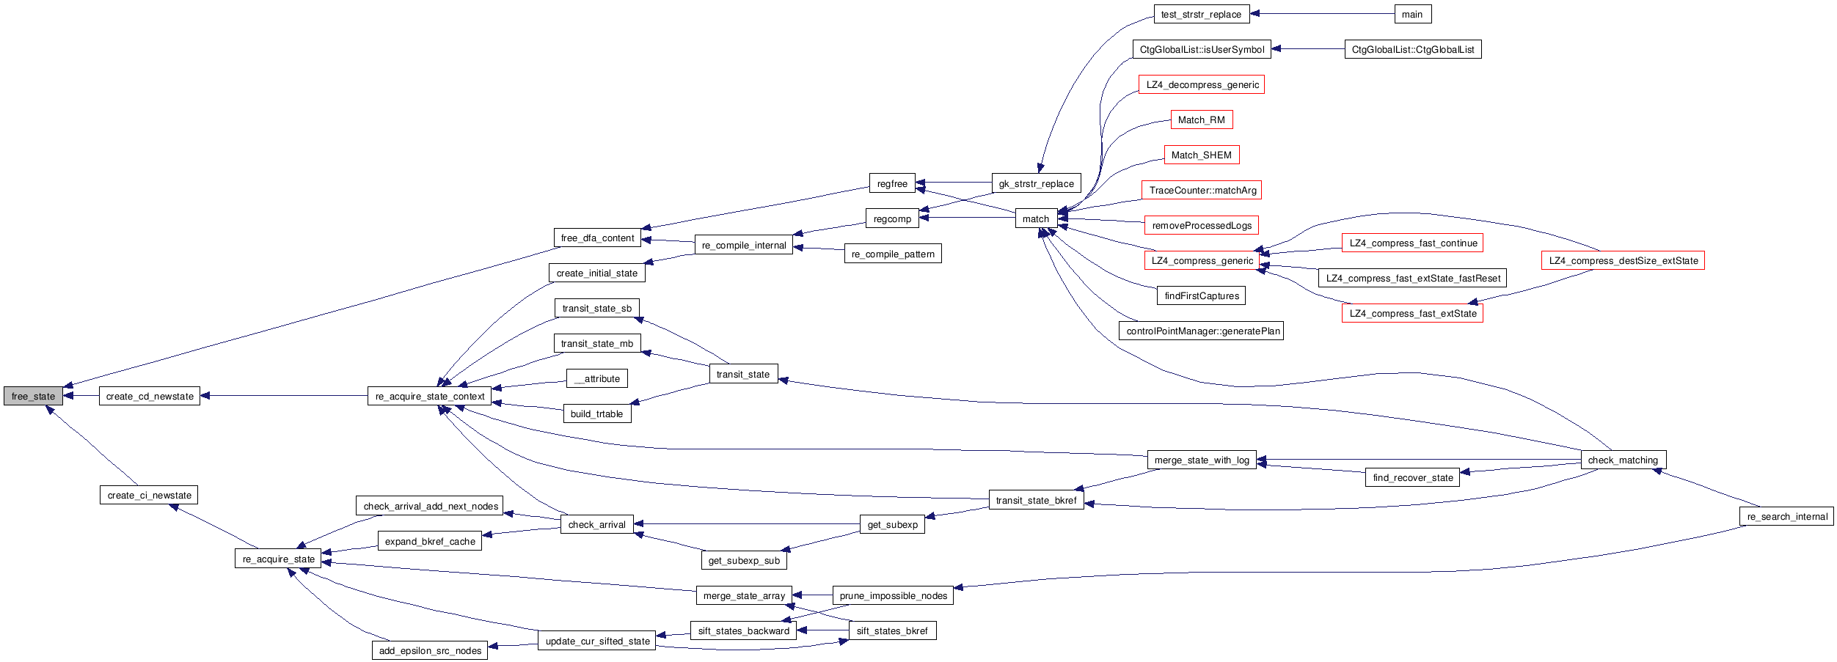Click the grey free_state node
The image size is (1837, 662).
tap(33, 396)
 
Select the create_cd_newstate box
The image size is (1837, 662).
tap(150, 396)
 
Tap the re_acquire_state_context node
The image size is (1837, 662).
tap(429, 396)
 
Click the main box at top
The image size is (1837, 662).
tap(1411, 14)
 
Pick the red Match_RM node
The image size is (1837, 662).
tap(1201, 119)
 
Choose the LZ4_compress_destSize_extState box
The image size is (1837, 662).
tap(1623, 260)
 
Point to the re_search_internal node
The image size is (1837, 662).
tap(1786, 516)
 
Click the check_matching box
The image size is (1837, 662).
tap(1623, 460)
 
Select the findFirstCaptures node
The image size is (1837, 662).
tap(1201, 295)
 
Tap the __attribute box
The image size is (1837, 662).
tap(597, 378)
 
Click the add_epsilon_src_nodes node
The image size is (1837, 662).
tap(430, 650)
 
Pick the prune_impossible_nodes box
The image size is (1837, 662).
tap(893, 595)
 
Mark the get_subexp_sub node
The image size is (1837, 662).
tap(744, 560)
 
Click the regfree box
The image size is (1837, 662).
tap(892, 183)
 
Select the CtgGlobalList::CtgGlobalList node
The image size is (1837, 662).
tap(1412, 49)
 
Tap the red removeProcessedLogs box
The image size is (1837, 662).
tap(1201, 225)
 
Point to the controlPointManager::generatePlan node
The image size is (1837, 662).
tap(1201, 331)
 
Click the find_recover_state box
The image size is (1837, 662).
tap(1412, 477)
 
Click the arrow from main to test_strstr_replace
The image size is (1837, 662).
tap(1321, 14)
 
